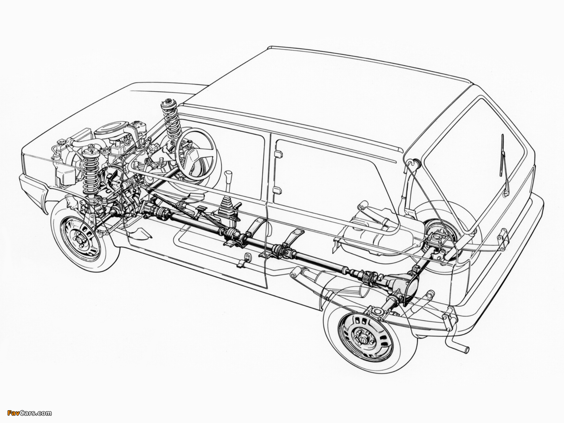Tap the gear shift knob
(x=228, y=176)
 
